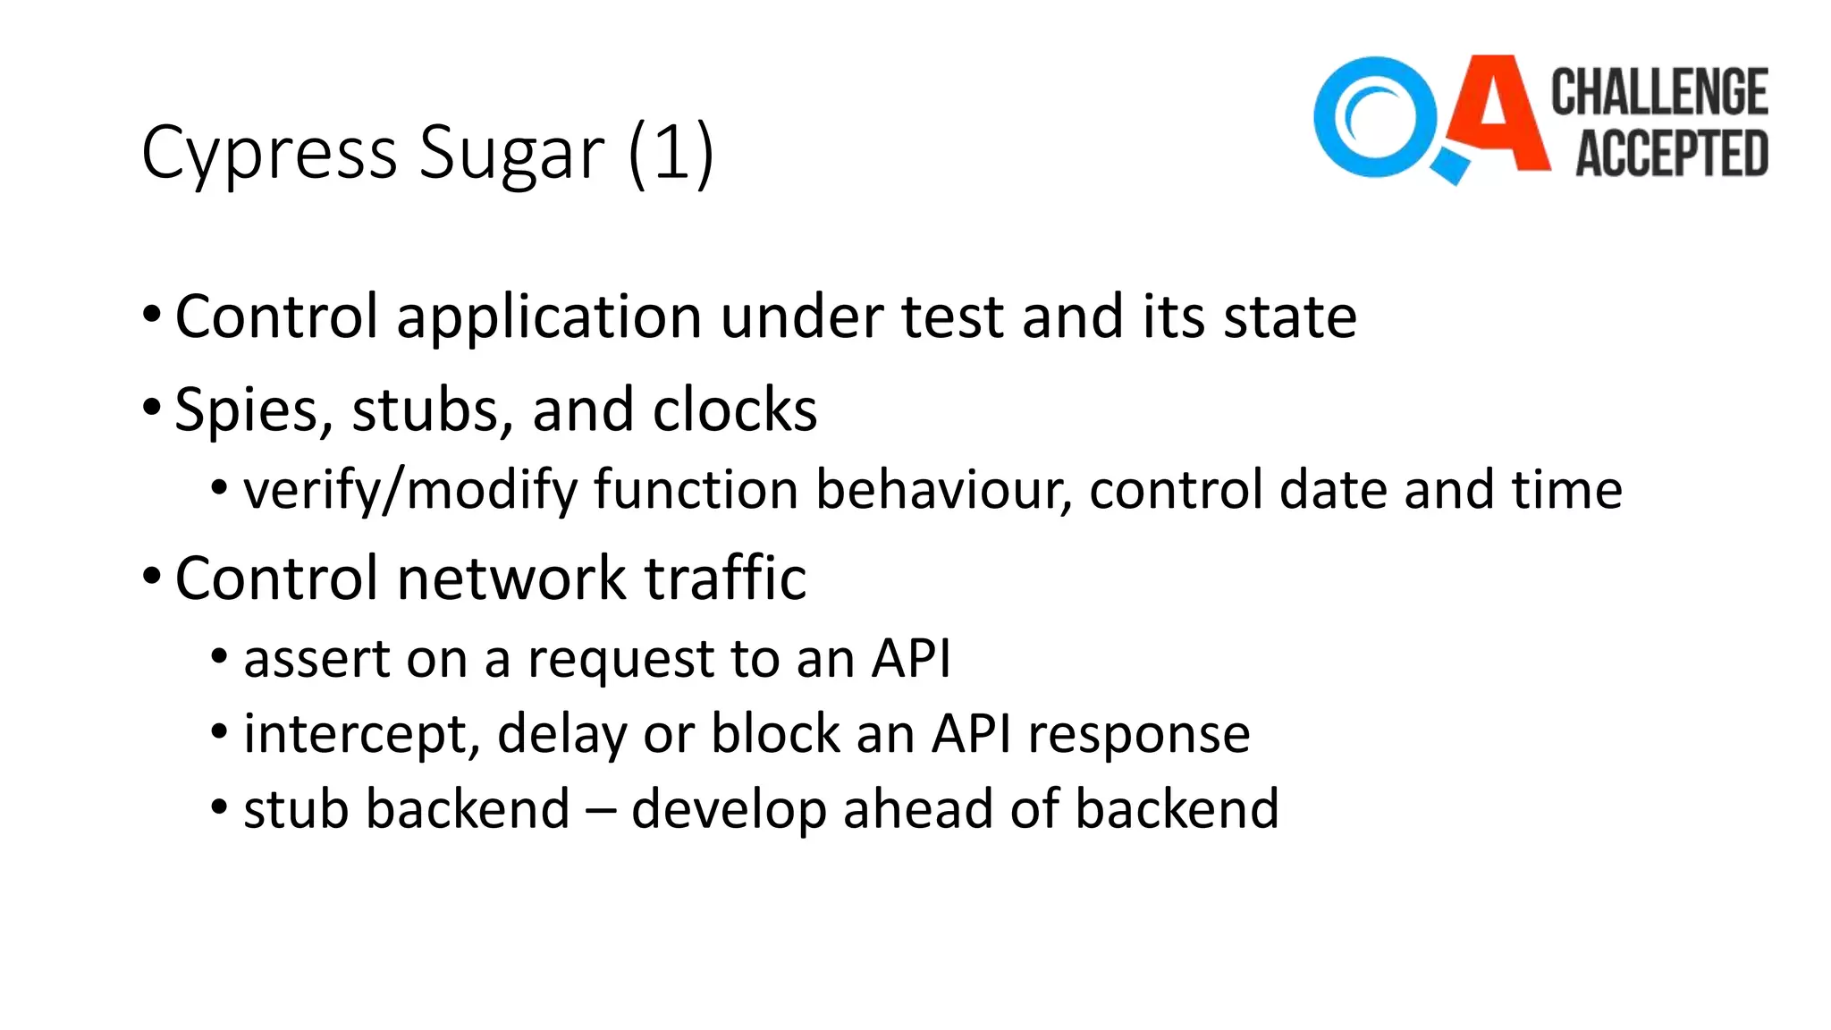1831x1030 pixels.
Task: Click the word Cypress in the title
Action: pyautogui.click(x=269, y=154)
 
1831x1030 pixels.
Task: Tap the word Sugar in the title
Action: pyautogui.click(x=511, y=154)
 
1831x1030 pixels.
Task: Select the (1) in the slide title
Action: pyautogui.click(x=671, y=154)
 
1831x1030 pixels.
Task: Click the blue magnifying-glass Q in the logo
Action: pyautogui.click(x=1377, y=118)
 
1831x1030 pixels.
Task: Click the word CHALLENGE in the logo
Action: pyautogui.click(x=1659, y=92)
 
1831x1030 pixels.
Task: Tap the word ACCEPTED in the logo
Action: pyautogui.click(x=1671, y=153)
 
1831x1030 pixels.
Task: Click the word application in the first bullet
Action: pyautogui.click(x=549, y=317)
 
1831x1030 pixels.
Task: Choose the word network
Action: pyautogui.click(x=511, y=578)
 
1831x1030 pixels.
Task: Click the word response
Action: pyautogui.click(x=1138, y=735)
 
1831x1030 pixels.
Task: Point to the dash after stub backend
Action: pyautogui.click(x=600, y=810)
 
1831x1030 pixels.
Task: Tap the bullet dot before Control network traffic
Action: pyautogui.click(x=152, y=576)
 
